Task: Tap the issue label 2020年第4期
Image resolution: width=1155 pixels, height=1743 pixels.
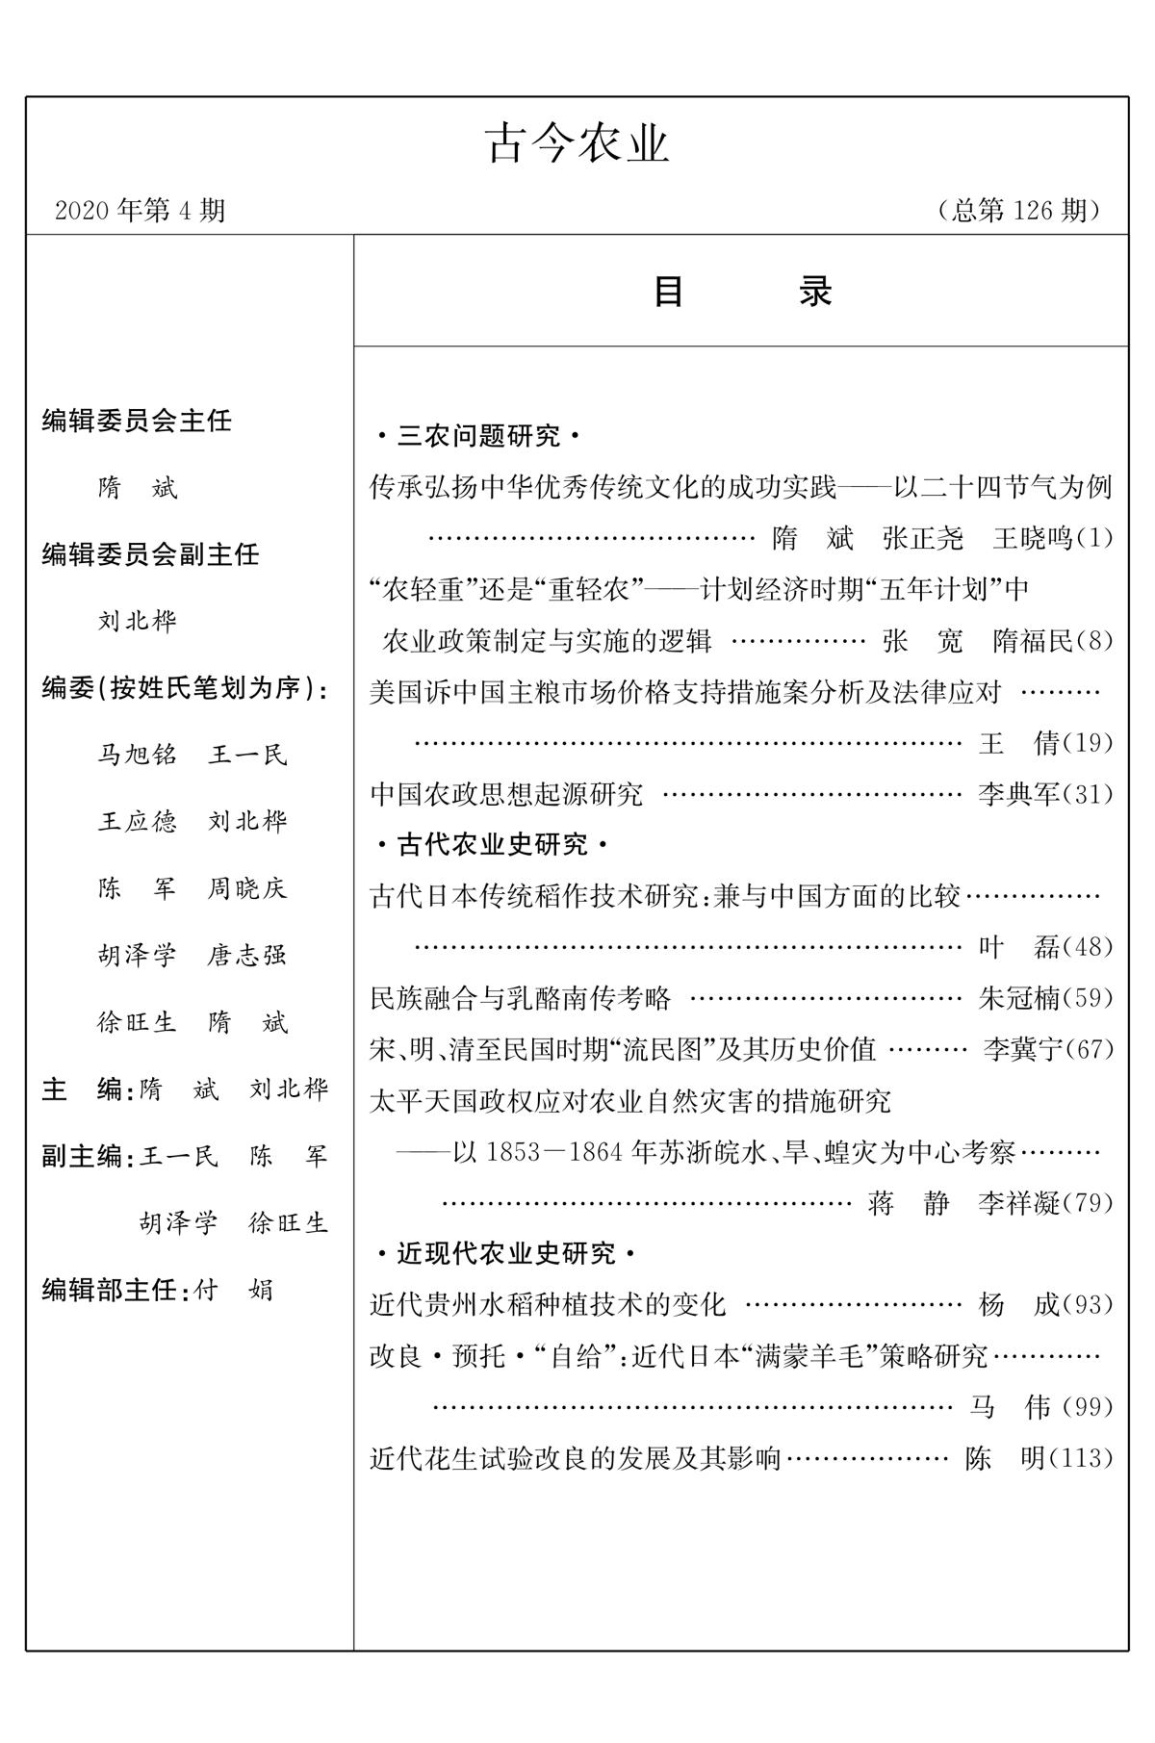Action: [141, 210]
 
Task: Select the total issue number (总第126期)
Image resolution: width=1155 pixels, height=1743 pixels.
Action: [1018, 210]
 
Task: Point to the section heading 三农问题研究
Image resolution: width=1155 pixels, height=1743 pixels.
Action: [478, 437]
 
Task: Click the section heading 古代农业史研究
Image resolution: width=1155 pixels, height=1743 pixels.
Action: [492, 845]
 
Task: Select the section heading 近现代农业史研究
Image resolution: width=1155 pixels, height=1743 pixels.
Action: [505, 1253]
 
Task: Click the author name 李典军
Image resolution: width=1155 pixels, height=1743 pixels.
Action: [1018, 794]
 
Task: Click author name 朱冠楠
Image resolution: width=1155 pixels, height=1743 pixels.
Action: [1018, 998]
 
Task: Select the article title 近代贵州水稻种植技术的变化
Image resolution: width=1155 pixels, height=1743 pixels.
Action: [548, 1305]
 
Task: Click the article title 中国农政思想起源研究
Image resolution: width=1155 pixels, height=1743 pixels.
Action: [506, 794]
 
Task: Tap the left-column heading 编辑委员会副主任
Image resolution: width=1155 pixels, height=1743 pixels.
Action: [150, 554]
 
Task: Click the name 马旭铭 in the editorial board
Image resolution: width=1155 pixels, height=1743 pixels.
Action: [138, 755]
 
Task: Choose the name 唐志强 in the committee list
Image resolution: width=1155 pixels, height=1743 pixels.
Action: [247, 955]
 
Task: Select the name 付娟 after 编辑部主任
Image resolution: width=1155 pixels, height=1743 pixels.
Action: [234, 1289]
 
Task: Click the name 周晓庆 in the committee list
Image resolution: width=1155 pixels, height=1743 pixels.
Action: [247, 888]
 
